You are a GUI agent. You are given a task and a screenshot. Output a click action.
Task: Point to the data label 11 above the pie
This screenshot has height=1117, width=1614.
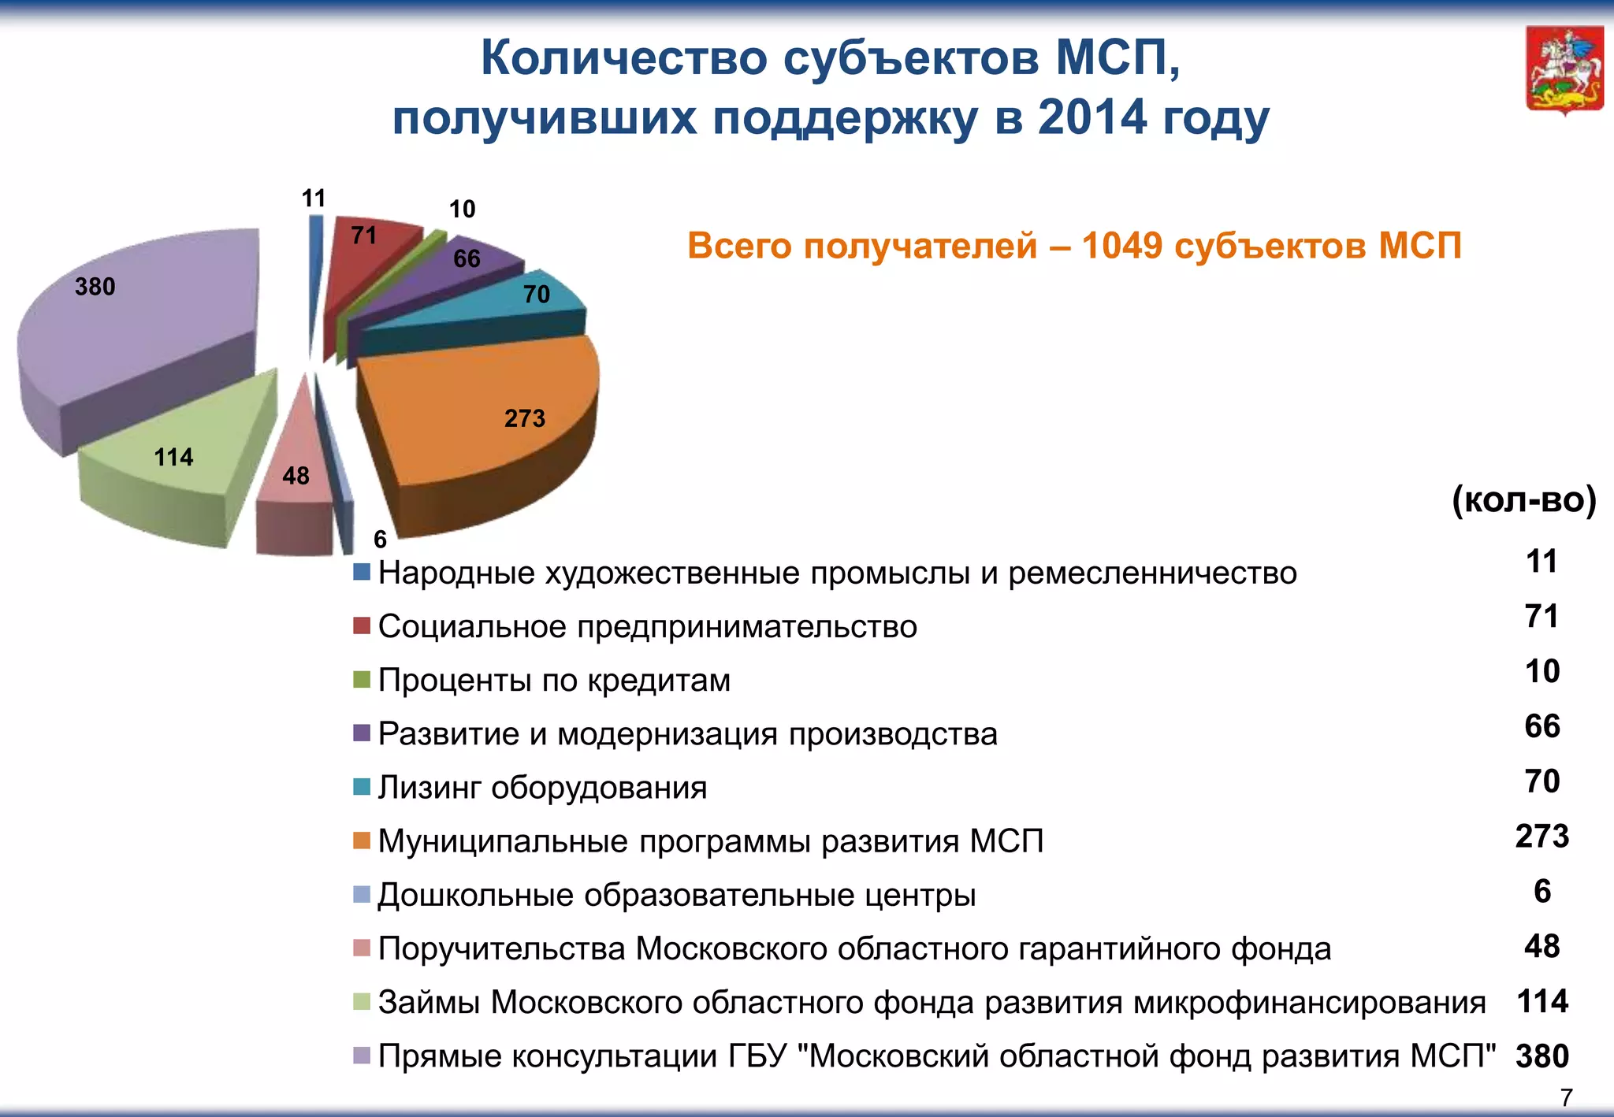click(313, 199)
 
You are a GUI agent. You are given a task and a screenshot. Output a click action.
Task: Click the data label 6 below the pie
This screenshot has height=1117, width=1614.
click(380, 540)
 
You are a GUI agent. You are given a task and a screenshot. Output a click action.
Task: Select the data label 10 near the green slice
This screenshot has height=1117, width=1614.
click(462, 210)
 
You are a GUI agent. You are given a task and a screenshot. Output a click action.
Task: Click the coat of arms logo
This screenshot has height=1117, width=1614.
click(1564, 71)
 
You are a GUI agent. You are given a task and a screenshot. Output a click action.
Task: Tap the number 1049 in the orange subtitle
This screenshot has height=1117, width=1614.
click(1121, 246)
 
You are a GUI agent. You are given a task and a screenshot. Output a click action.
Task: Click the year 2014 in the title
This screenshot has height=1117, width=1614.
click(1092, 118)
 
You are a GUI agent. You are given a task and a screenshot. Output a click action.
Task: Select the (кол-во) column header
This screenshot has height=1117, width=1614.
click(1523, 500)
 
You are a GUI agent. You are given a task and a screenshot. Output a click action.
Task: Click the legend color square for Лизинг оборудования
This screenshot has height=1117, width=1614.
click(362, 787)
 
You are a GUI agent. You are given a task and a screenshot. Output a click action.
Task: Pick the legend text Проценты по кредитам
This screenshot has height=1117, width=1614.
click(554, 681)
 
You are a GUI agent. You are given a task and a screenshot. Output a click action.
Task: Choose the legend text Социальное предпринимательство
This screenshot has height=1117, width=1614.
click(647, 627)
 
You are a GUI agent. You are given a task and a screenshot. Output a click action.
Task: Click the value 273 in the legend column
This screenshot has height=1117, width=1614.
click(1541, 837)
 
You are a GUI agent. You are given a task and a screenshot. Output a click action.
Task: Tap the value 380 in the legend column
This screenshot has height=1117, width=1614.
click(1541, 1056)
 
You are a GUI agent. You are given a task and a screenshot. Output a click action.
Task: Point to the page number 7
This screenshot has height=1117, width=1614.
click(1566, 1097)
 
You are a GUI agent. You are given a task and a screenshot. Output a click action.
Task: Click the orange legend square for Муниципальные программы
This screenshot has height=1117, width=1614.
click(362, 841)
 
